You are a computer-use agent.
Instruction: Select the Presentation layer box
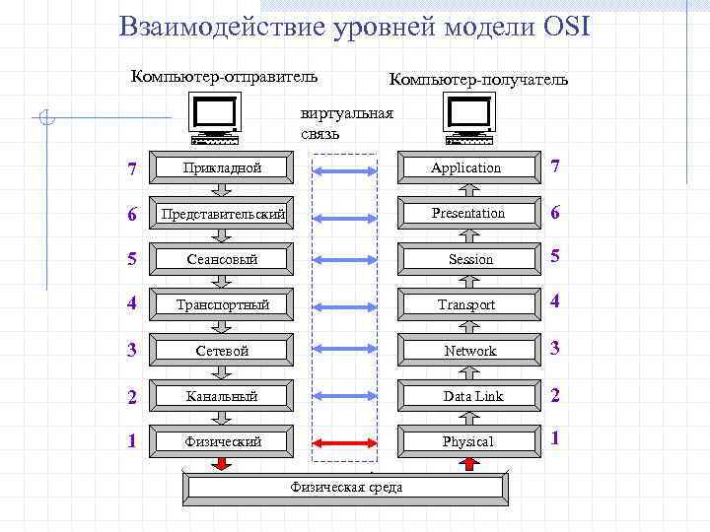tap(467, 213)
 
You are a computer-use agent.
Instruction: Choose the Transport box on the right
tap(467, 304)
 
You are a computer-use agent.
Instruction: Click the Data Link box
tap(467, 396)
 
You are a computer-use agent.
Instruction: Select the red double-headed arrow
tap(345, 441)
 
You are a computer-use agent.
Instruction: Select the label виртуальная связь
tap(346, 123)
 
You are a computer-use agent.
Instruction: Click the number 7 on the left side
tap(132, 168)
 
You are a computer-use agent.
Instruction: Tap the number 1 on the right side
tap(556, 438)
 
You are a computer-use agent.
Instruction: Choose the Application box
tap(467, 167)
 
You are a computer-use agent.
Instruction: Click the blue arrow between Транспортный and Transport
tap(345, 304)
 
